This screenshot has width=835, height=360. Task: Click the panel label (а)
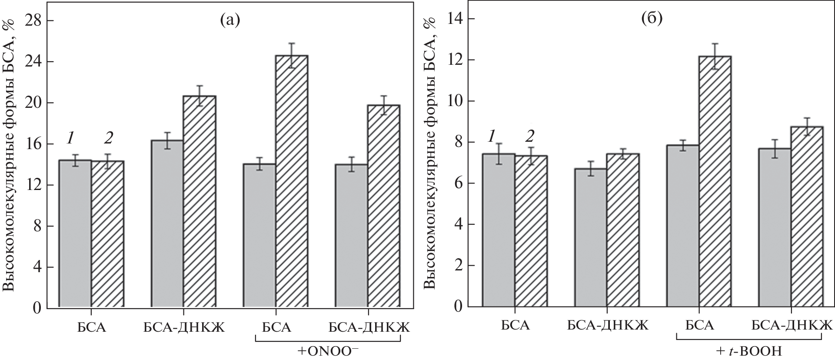tap(230, 20)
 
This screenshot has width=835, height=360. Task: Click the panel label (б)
tap(652, 19)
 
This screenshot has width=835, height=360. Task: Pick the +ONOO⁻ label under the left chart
tap(328, 350)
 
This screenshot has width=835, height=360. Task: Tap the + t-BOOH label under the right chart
tap(750, 350)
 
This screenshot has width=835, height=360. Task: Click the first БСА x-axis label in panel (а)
tap(91, 327)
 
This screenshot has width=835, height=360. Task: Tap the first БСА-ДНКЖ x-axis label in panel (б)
tap(608, 325)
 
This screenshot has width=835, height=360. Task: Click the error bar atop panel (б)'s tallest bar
tap(715, 56)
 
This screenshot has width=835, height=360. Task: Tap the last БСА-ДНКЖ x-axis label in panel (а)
tap(369, 327)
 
